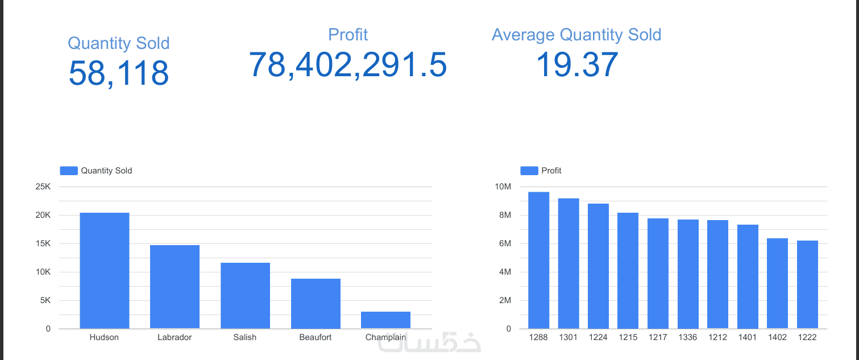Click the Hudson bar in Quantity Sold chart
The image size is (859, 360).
click(x=104, y=271)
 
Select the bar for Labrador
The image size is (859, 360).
click(x=175, y=287)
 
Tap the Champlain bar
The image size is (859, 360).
click(x=385, y=320)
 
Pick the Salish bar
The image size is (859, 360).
click(x=245, y=296)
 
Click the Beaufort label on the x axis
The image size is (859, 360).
click(x=316, y=337)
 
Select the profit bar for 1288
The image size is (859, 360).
click(x=538, y=260)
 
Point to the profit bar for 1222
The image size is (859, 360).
click(x=807, y=284)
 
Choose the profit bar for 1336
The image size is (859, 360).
click(x=688, y=274)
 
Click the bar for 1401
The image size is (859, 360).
click(x=748, y=276)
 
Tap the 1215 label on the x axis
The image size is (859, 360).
click(x=628, y=337)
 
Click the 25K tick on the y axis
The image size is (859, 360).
click(x=43, y=187)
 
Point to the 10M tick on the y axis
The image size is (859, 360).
click(x=504, y=187)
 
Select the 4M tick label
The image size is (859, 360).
click(x=505, y=272)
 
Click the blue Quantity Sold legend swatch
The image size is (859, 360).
click(x=68, y=171)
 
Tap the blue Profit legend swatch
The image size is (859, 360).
click(x=529, y=171)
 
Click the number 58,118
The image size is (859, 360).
click(x=119, y=73)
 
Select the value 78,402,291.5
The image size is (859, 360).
click(x=348, y=64)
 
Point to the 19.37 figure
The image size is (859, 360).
click(x=576, y=64)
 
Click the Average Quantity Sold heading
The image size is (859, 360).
click(x=576, y=35)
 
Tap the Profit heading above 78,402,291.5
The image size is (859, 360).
click(x=348, y=35)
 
